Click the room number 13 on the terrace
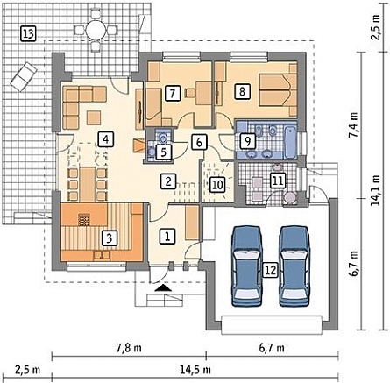click(28, 33)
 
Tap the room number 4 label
click(106, 139)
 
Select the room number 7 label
click(173, 94)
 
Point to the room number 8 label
click(242, 92)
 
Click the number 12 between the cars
click(271, 270)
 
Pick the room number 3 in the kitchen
click(109, 238)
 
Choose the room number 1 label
click(167, 236)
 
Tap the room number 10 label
click(217, 185)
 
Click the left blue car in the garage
click(247, 266)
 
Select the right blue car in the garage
click(294, 266)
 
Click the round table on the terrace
click(95, 30)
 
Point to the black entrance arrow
click(163, 288)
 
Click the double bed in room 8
click(278, 89)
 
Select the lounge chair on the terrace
click(24, 75)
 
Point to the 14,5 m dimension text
click(195, 370)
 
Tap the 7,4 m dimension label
click(356, 124)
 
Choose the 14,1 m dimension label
click(375, 190)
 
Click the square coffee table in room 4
click(94, 117)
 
